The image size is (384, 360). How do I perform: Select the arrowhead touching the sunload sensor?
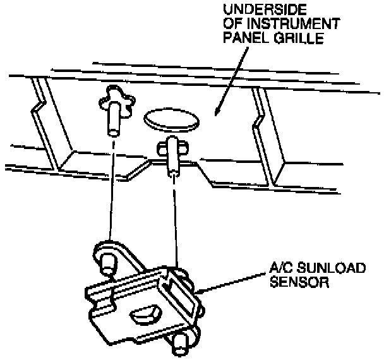200,291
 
